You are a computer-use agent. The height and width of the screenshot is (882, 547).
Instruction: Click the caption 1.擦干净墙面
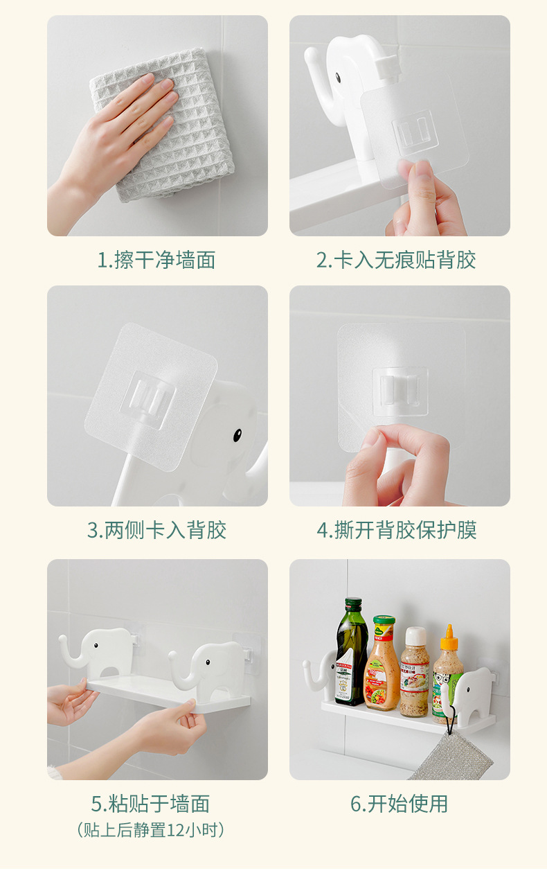pyautogui.click(x=156, y=261)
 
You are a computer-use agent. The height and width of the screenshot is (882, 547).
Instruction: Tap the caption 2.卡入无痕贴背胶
pyautogui.click(x=396, y=261)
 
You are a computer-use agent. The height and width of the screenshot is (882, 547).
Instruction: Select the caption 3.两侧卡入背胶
pyautogui.click(x=156, y=531)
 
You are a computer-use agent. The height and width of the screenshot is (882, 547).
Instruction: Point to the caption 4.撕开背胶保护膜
pyautogui.click(x=397, y=531)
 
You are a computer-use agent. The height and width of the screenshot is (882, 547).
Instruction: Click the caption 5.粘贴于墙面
pyautogui.click(x=150, y=804)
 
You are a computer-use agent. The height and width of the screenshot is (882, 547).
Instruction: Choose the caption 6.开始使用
pyautogui.click(x=399, y=804)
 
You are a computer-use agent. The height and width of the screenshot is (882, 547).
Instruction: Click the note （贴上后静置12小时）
pyautogui.click(x=150, y=829)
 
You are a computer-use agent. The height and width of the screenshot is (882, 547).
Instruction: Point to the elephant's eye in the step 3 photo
pyautogui.click(x=237, y=435)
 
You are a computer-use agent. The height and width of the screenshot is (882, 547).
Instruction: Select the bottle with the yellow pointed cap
pyautogui.click(x=447, y=676)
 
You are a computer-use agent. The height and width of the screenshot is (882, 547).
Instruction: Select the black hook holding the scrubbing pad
pyautogui.click(x=450, y=721)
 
